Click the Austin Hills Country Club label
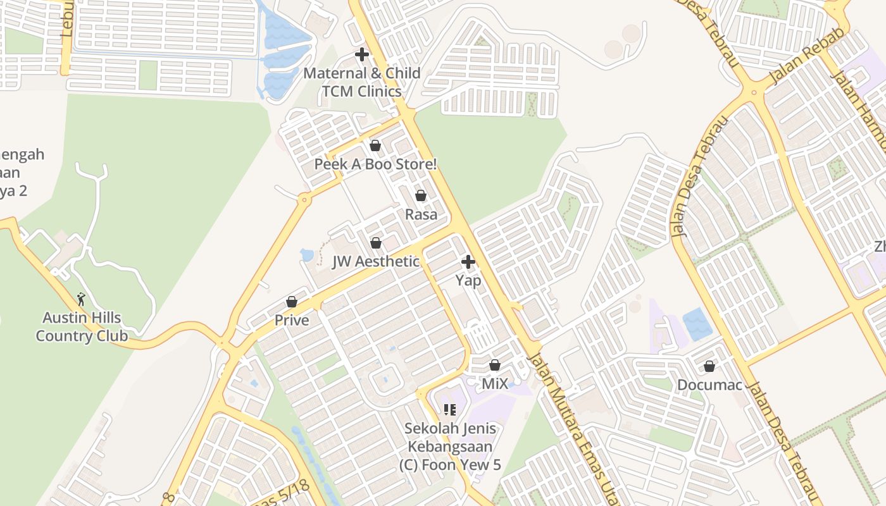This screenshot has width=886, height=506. [x=82, y=326]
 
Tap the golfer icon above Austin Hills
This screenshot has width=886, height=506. [x=81, y=299]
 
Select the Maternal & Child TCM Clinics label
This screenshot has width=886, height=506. [x=361, y=82]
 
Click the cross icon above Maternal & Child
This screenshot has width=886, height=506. [x=362, y=54]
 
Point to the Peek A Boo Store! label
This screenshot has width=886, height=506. [x=375, y=164]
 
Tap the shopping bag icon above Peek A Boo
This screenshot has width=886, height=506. [x=375, y=145]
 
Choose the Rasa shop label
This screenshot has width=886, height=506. [x=421, y=214]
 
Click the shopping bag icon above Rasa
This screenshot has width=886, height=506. [x=421, y=195]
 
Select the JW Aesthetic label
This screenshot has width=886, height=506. [x=376, y=261]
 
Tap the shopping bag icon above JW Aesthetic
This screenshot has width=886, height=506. [x=376, y=243]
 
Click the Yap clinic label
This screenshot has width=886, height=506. [x=468, y=280]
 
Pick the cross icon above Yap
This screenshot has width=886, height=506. [x=468, y=261]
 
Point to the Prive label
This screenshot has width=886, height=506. [x=292, y=320]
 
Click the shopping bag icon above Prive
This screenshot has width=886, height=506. [x=292, y=302]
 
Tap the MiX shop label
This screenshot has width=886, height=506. [x=495, y=384]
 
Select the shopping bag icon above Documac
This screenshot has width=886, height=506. [x=709, y=366]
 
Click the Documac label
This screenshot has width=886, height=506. [x=709, y=385]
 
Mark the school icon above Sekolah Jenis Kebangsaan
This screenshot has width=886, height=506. [x=449, y=410]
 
